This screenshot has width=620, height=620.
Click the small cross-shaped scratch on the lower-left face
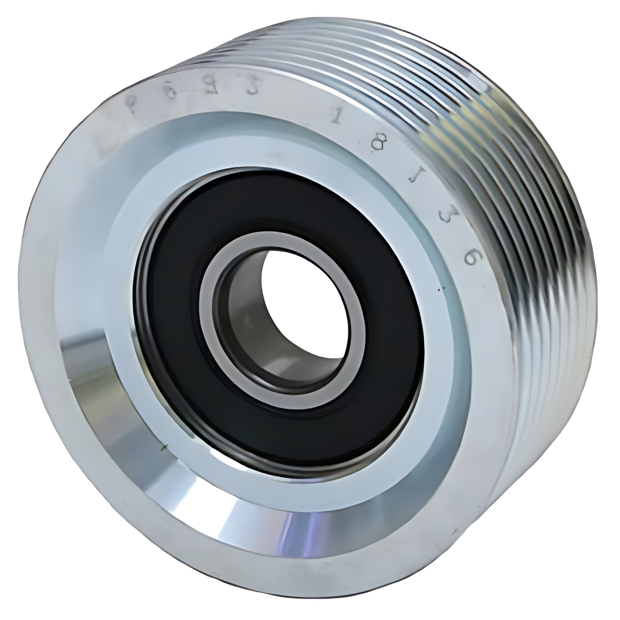click(163, 447)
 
